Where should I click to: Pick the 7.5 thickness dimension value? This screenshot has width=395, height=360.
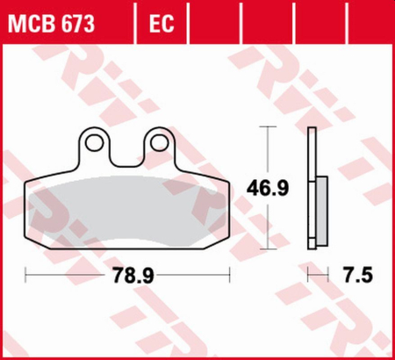(359, 276)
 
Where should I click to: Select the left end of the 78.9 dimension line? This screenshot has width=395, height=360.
(25, 276)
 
